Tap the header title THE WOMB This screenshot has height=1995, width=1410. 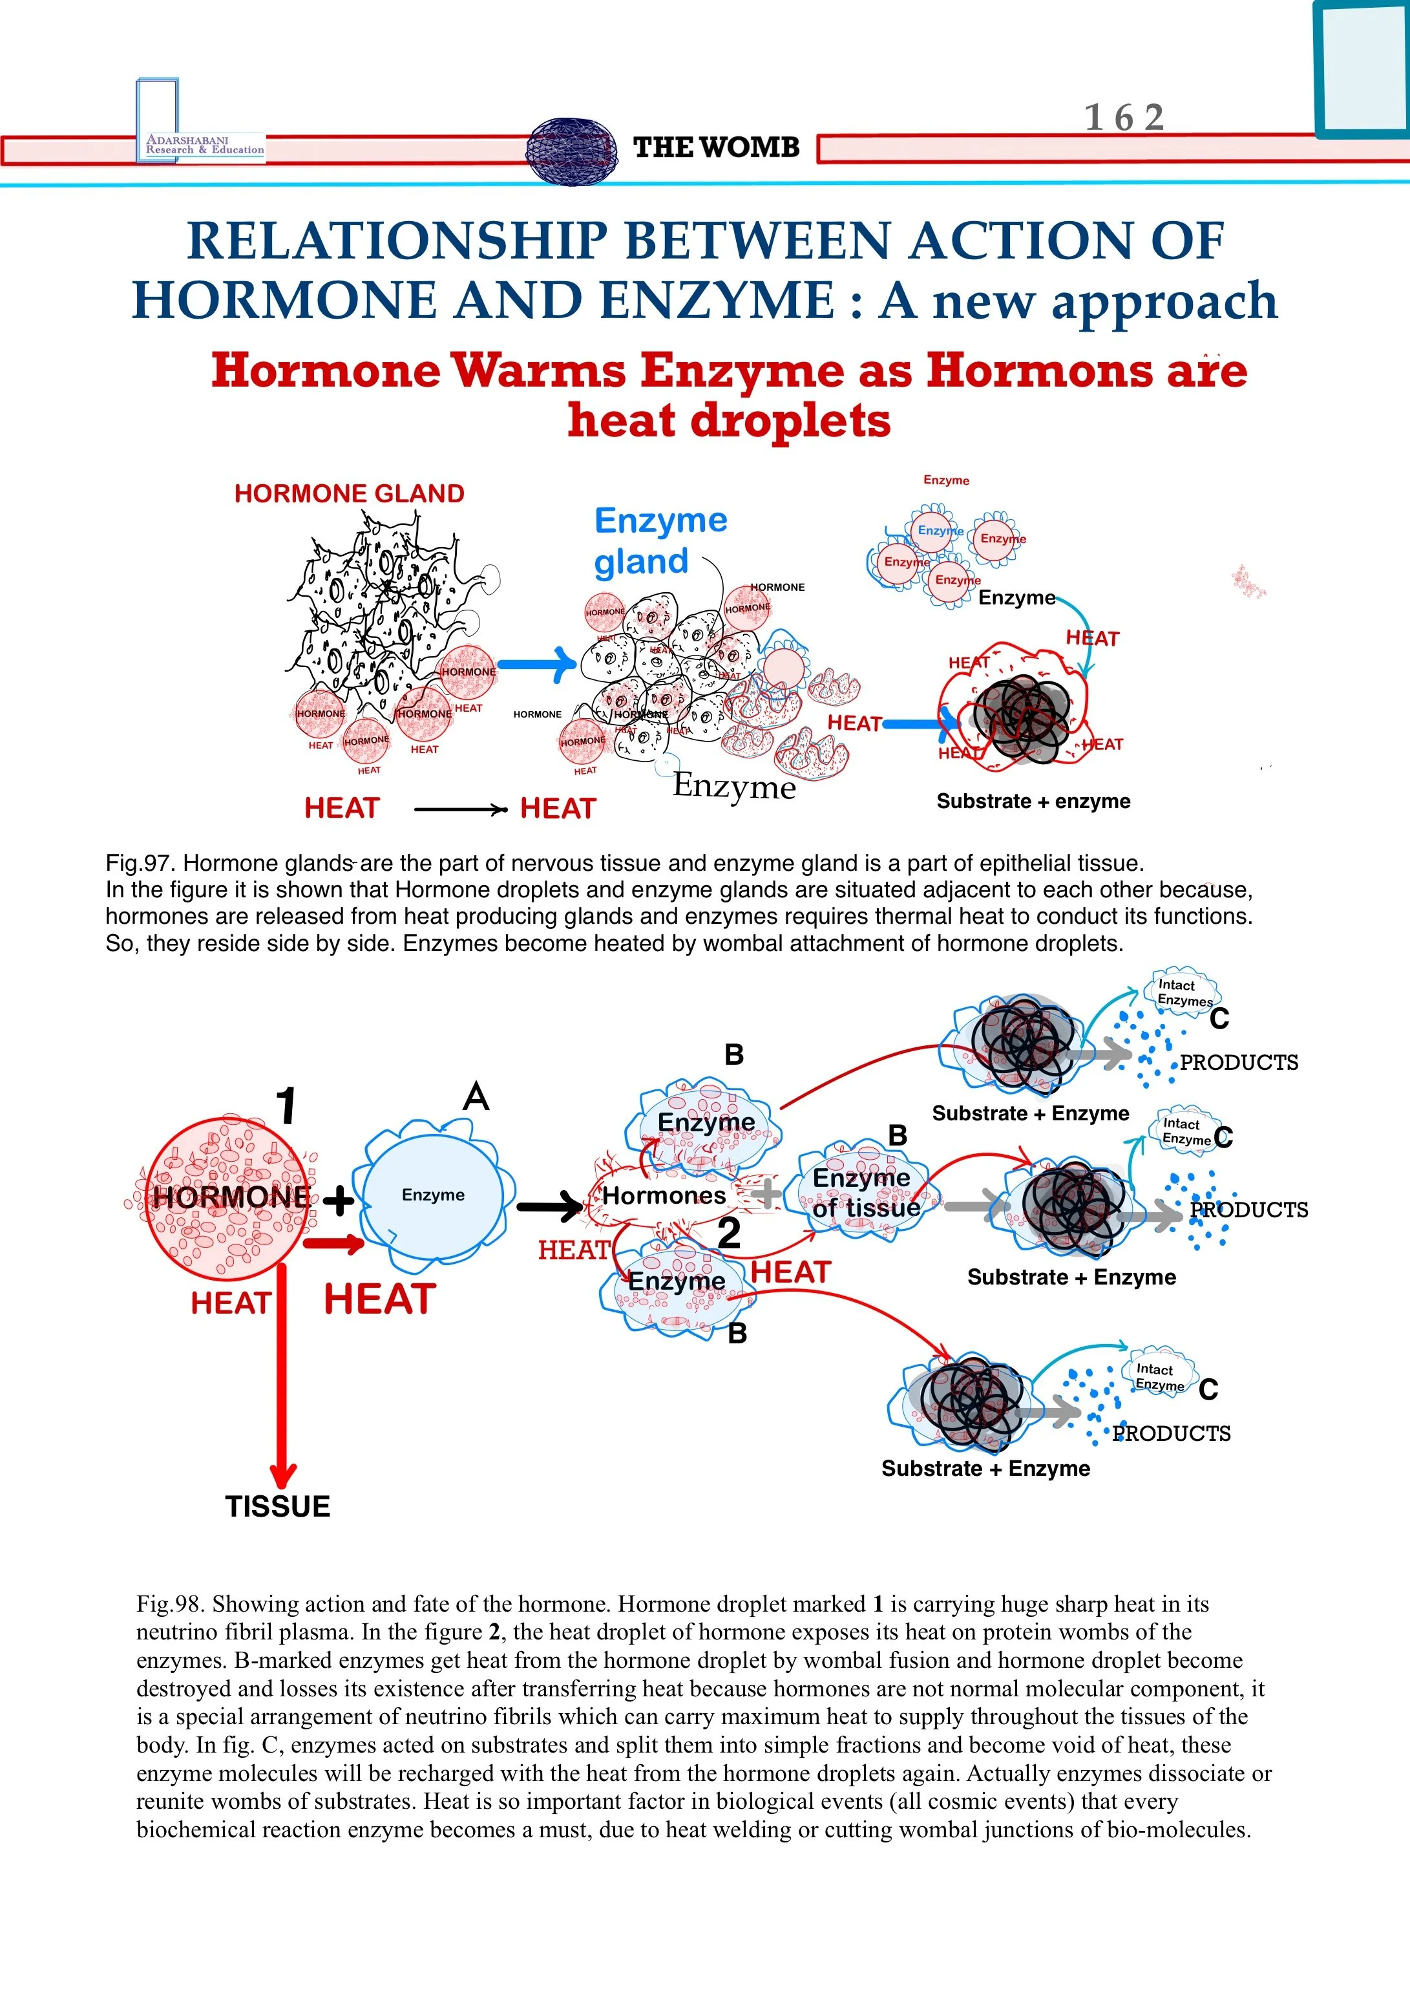[x=716, y=147]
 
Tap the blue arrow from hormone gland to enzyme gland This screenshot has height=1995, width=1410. [x=539, y=665]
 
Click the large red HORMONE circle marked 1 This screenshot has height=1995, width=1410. [x=227, y=1198]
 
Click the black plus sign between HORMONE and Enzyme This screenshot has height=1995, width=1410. [x=338, y=1202]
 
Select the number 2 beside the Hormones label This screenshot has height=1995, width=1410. [x=729, y=1233]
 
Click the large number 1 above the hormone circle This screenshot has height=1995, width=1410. [x=287, y=1106]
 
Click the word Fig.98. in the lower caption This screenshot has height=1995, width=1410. [x=171, y=1604]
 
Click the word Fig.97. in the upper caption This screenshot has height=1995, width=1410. [x=141, y=864]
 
